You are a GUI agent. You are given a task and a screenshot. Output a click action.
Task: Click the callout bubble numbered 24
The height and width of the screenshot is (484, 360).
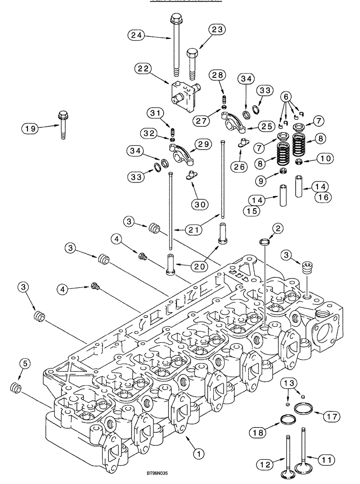pyautogui.click(x=137, y=35)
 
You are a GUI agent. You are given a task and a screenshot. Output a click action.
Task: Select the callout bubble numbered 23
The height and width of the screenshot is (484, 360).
pyautogui.click(x=217, y=30)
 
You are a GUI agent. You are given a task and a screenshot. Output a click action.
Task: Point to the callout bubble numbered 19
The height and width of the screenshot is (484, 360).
pyautogui.click(x=30, y=128)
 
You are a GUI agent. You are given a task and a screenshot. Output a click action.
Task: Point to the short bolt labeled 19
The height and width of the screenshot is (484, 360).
pyautogui.click(x=63, y=125)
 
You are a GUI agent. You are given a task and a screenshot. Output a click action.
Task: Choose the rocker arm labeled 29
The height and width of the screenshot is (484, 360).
pyautogui.click(x=179, y=150)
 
